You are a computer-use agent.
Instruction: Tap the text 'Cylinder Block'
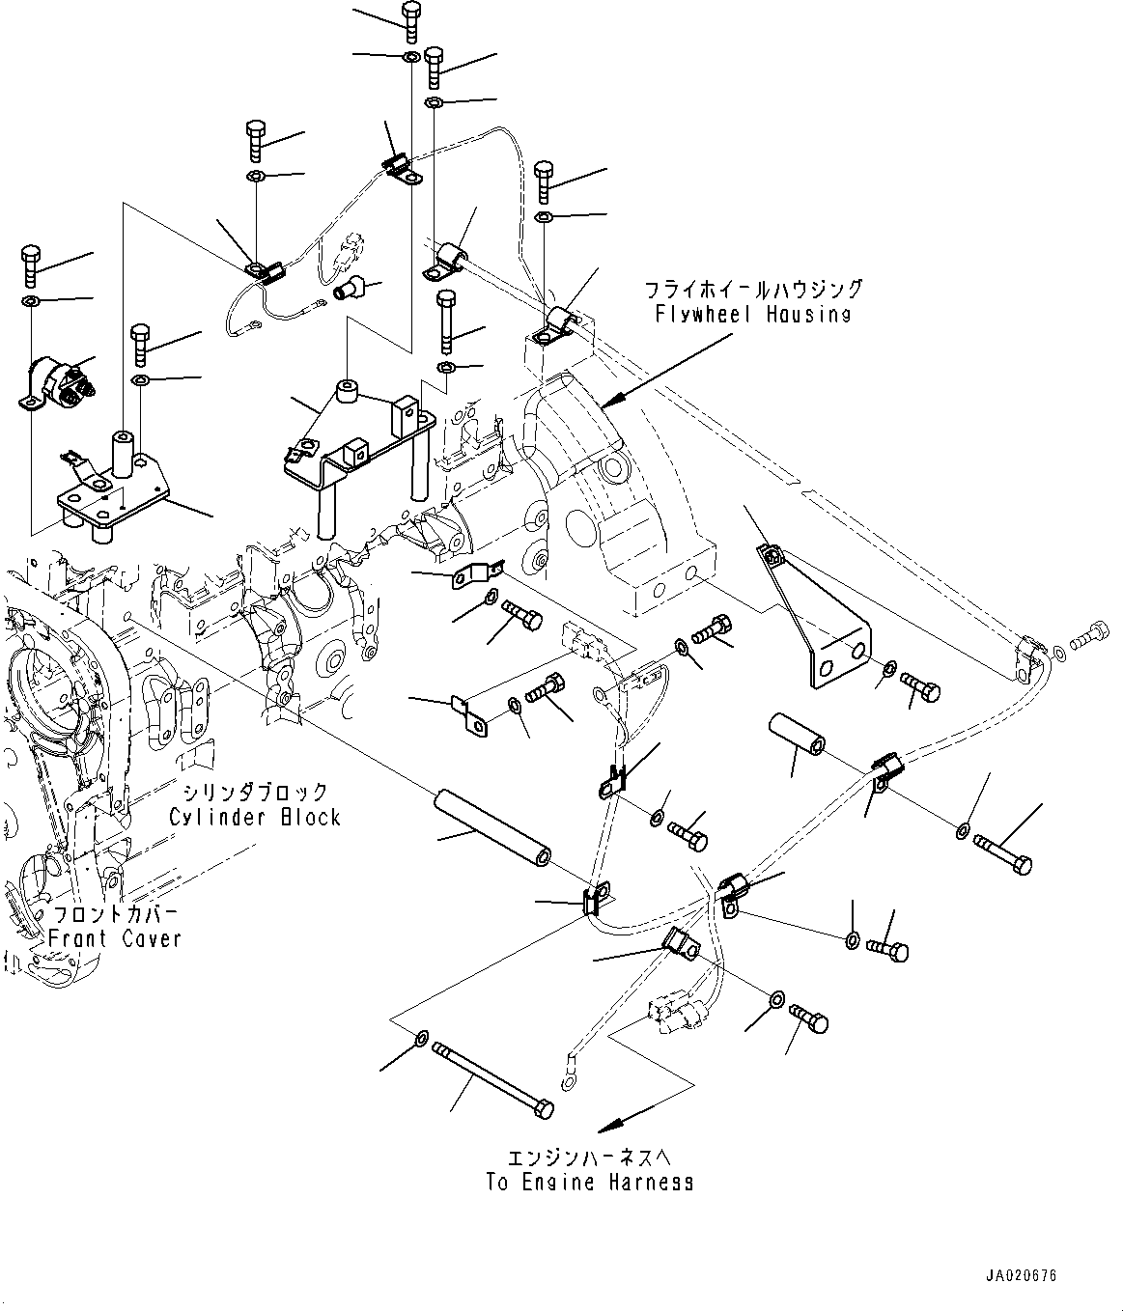[255, 817]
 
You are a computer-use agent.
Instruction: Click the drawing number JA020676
[1022, 1275]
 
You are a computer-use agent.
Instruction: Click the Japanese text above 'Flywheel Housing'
[754, 290]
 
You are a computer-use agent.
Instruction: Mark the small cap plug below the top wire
[349, 287]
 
